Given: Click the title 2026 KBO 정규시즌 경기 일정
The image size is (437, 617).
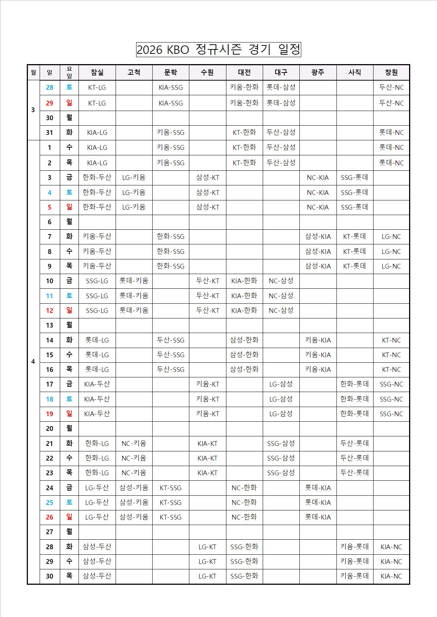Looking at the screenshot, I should [218, 49].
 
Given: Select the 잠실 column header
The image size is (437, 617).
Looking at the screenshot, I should [97, 73].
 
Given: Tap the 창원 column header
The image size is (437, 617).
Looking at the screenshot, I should [391, 73].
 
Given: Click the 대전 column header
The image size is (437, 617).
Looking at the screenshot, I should [244, 73].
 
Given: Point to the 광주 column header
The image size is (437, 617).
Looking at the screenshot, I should [318, 73].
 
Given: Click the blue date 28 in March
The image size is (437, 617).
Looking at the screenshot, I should [50, 88].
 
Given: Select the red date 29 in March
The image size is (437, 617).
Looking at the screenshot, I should [50, 103].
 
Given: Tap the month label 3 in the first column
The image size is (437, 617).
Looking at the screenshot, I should [33, 110].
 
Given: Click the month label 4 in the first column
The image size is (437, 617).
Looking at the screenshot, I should [33, 362].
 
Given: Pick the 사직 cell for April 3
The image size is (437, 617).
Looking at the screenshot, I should [354, 178].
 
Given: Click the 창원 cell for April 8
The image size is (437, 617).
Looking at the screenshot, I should [391, 252].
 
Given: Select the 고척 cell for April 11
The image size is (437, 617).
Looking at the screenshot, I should [134, 296].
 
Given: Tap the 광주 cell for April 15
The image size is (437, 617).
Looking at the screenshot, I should [318, 355].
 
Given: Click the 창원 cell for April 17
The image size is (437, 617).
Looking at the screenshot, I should [391, 384].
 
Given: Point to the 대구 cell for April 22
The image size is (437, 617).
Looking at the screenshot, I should [281, 458].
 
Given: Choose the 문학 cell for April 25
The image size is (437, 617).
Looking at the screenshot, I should [171, 503].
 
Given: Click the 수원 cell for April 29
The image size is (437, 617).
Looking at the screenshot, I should [207, 562].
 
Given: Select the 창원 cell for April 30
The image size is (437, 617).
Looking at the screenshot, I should [391, 576].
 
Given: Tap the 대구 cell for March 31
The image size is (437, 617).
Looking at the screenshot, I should [281, 133].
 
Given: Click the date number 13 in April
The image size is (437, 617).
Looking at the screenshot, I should [50, 325].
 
